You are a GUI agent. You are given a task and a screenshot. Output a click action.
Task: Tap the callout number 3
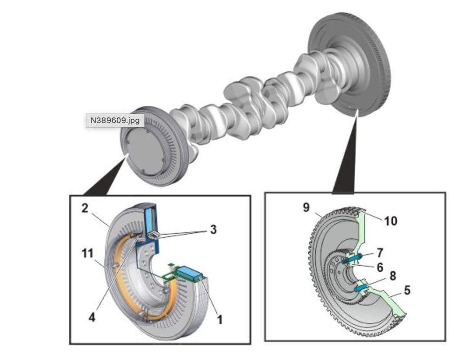point(213,229)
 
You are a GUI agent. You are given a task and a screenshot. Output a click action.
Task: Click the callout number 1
point(219,319)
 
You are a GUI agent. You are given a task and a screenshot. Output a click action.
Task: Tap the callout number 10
point(391,221)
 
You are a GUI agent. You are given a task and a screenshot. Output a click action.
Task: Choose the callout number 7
point(380,253)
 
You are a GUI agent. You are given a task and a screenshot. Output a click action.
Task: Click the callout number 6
point(380,268)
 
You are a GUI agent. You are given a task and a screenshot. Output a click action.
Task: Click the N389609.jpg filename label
point(115,120)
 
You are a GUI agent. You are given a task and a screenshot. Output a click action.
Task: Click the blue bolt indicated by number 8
point(361,288)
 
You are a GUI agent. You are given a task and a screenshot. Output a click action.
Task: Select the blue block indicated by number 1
point(189,272)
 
